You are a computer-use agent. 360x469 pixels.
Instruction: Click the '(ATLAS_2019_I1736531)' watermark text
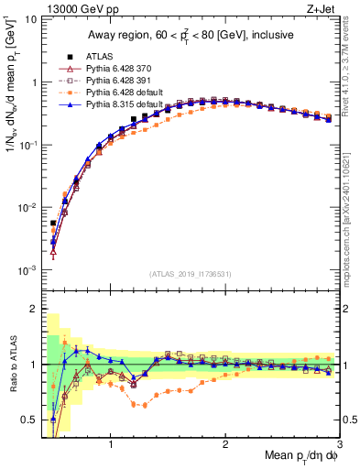pyautogui.click(x=191, y=273)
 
